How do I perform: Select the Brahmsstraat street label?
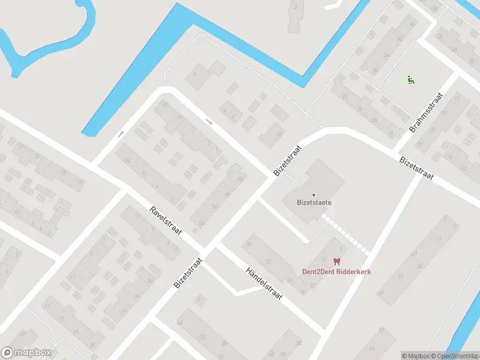(426, 113)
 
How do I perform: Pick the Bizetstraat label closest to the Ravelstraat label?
(188, 274)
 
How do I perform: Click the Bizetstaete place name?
(314, 202)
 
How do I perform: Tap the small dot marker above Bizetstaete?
(313, 194)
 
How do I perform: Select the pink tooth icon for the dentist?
(336, 262)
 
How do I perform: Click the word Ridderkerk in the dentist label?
(351, 272)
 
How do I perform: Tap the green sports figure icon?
(411, 79)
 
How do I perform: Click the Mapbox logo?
(26, 353)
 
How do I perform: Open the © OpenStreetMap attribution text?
(454, 356)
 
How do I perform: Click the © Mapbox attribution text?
(415, 356)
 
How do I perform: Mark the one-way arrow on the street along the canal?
(121, 134)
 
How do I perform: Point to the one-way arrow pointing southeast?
(209, 122)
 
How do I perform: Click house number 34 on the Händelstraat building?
(250, 244)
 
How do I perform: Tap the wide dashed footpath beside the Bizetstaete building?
(347, 234)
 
